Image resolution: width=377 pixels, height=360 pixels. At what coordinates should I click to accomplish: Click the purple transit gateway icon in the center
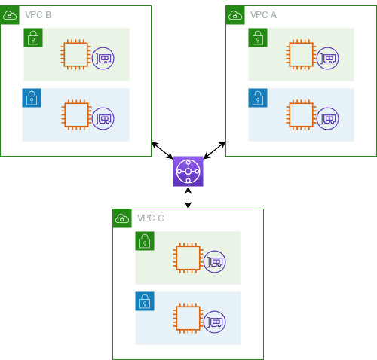pyautogui.click(x=188, y=171)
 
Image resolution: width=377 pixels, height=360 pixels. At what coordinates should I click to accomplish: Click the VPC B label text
pyautogui.click(x=38, y=15)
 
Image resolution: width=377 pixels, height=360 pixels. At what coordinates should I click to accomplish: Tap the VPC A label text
pyautogui.click(x=263, y=15)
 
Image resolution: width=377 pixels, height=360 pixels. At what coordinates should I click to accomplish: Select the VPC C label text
pyautogui.click(x=150, y=218)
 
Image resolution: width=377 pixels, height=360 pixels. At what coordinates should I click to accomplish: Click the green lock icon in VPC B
pyautogui.click(x=32, y=38)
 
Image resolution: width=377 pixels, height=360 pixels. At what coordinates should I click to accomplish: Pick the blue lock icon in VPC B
pyautogui.click(x=32, y=98)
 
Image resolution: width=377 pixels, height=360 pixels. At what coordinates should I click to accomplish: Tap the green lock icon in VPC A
pyautogui.click(x=258, y=38)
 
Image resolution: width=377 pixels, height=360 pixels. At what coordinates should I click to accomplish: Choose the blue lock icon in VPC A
pyautogui.click(x=258, y=98)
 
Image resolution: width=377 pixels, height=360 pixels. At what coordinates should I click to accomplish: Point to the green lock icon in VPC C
pyautogui.click(x=145, y=241)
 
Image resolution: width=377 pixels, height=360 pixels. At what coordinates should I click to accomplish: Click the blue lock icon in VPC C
pyautogui.click(x=145, y=301)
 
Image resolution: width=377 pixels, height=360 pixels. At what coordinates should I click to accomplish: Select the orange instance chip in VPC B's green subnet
pyautogui.click(x=75, y=55)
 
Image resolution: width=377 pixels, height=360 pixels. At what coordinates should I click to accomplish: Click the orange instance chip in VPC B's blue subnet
pyautogui.click(x=75, y=115)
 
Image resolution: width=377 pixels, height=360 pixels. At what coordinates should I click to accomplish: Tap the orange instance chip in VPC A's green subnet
pyautogui.click(x=301, y=55)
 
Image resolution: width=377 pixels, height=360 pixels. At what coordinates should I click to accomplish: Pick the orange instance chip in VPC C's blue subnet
pyautogui.click(x=188, y=319)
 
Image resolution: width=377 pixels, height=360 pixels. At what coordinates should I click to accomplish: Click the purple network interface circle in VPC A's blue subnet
pyautogui.click(x=328, y=118)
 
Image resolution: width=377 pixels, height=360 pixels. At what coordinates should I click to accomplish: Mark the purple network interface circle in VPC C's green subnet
pyautogui.click(x=215, y=261)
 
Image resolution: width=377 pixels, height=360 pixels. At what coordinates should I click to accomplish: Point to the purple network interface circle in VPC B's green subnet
pyautogui.click(x=103, y=58)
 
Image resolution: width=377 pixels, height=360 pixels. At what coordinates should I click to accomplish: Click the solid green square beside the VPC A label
pyautogui.click(x=235, y=15)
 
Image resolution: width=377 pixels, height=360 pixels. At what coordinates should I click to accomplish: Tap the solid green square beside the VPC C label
pyautogui.click(x=122, y=218)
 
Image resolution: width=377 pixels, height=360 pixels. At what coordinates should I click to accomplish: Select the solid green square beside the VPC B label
pyautogui.click(x=10, y=15)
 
